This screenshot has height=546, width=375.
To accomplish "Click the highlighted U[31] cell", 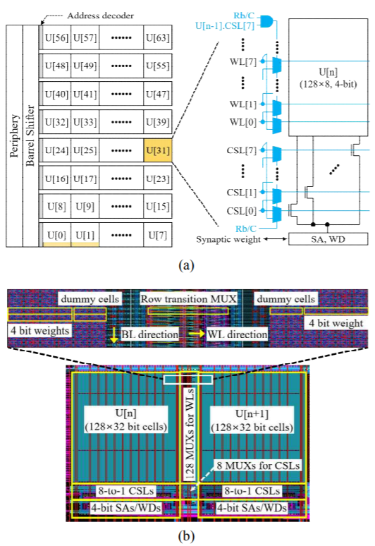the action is [158, 150].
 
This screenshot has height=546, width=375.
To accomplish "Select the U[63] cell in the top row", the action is [158, 37].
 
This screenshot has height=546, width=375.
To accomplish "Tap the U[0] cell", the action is [56, 235].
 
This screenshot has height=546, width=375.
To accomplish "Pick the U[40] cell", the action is [56, 94].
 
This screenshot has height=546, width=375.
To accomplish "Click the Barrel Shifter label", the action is [30, 136].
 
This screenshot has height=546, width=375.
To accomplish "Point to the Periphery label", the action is [14, 136].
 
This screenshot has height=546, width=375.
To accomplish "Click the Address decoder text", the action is [101, 16].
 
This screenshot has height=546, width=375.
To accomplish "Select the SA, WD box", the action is [328, 239].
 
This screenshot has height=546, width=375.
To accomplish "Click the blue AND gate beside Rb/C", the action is [266, 21].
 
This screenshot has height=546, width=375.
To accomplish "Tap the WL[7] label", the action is [242, 62].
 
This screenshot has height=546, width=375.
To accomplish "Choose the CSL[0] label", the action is [241, 211].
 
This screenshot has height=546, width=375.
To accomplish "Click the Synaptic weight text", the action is [228, 240].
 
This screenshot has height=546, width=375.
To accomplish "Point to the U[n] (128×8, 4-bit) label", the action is [328, 78].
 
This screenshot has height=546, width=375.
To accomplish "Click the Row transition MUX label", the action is [188, 299].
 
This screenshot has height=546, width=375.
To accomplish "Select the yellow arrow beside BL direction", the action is [114, 336].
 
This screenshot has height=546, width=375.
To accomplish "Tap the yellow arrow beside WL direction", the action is [197, 333].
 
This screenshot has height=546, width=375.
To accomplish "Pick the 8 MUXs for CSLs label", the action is [258, 466].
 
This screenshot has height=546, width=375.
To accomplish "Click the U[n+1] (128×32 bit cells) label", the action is [252, 420].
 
